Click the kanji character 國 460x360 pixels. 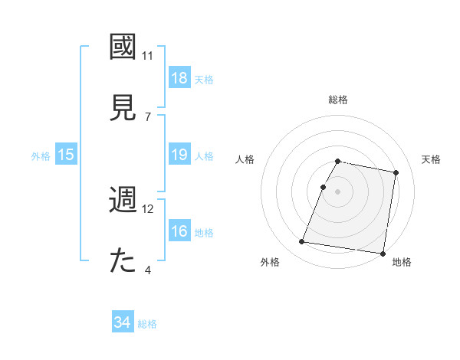pos(123,47)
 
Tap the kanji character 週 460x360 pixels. pos(123,200)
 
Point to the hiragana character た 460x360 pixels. pos(123,260)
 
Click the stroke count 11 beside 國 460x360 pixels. pos(148,56)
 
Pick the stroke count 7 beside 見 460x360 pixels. pos(148,116)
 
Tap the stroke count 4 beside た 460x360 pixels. pos(148,270)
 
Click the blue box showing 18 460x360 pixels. pos(179,78)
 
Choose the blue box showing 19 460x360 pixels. pos(179,155)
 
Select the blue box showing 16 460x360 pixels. pos(179,231)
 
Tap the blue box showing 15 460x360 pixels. pos(66,155)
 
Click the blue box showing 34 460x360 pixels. pos(123,323)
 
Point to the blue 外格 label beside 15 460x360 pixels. pos(41,155)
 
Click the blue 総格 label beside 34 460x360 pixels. pos(147,324)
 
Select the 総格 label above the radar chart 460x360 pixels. pos(338,100)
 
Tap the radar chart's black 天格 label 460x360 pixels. pos(431,159)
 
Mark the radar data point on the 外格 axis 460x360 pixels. pos(302,242)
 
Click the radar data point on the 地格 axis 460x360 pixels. pos(383,253)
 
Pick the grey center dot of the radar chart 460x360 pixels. pos(338,191)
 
